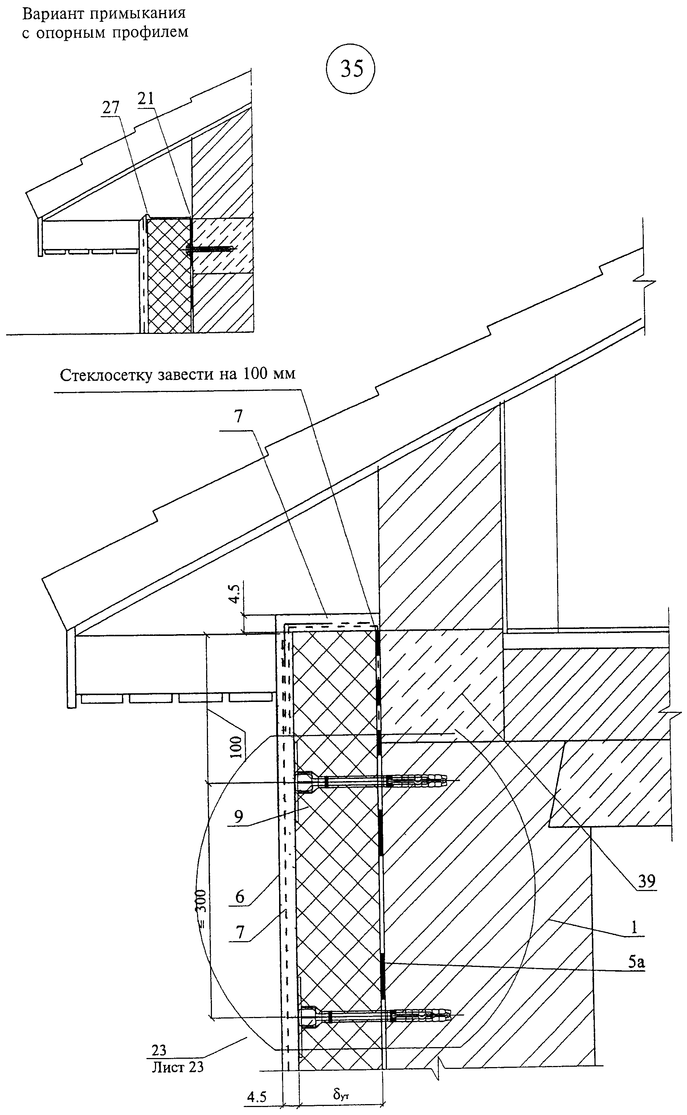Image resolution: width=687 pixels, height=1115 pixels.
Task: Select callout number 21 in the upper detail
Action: coord(146,99)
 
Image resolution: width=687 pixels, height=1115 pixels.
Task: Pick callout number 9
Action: coord(238,817)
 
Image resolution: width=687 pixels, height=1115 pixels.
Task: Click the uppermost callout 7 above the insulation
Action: coord(239,416)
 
